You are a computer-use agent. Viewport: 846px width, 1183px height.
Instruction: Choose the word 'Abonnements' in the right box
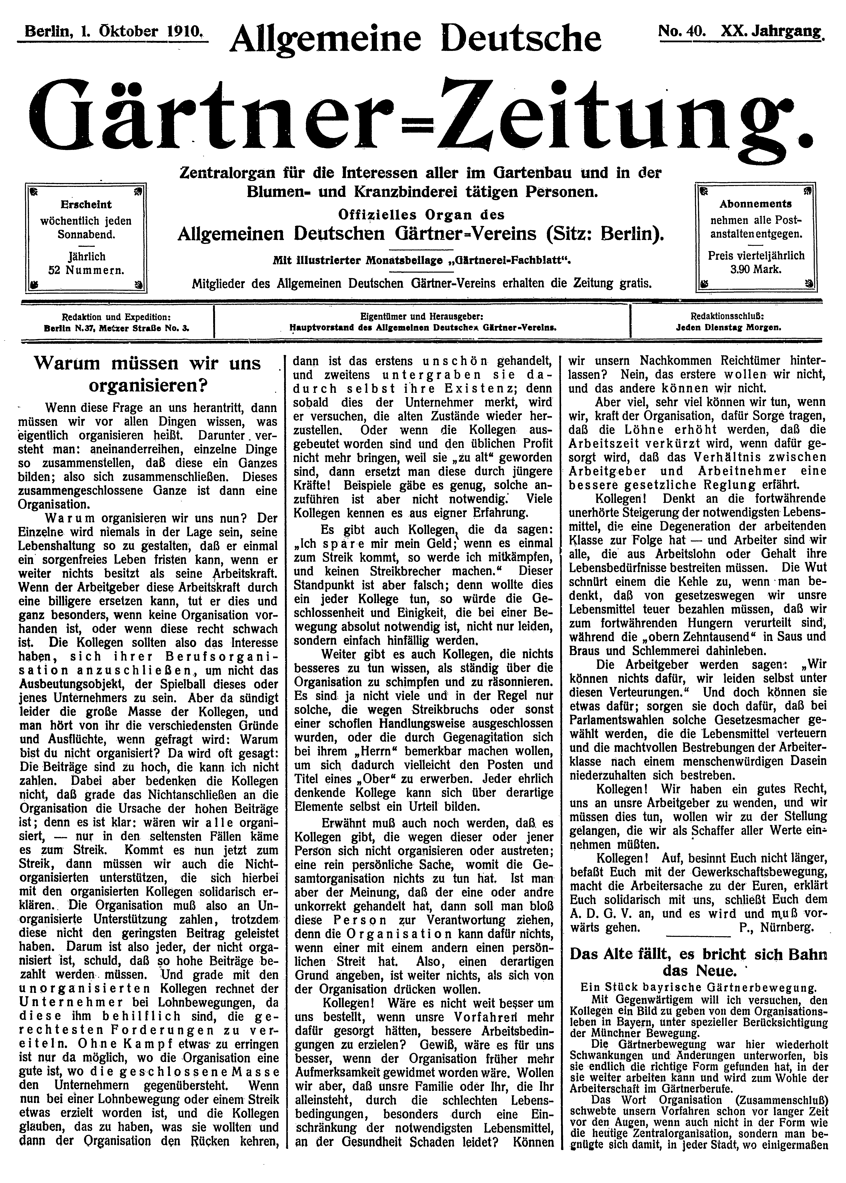pos(756,204)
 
